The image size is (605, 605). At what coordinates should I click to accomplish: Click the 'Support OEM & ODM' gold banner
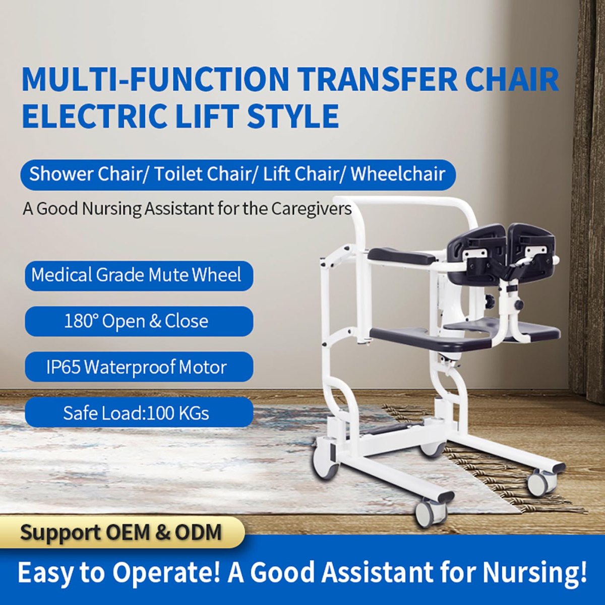pos(121,532)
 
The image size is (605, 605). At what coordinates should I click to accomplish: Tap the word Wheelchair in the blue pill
pos(398,174)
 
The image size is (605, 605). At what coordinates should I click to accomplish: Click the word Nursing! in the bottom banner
pos(534,572)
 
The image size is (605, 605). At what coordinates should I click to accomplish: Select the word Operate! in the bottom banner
pos(166,572)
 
